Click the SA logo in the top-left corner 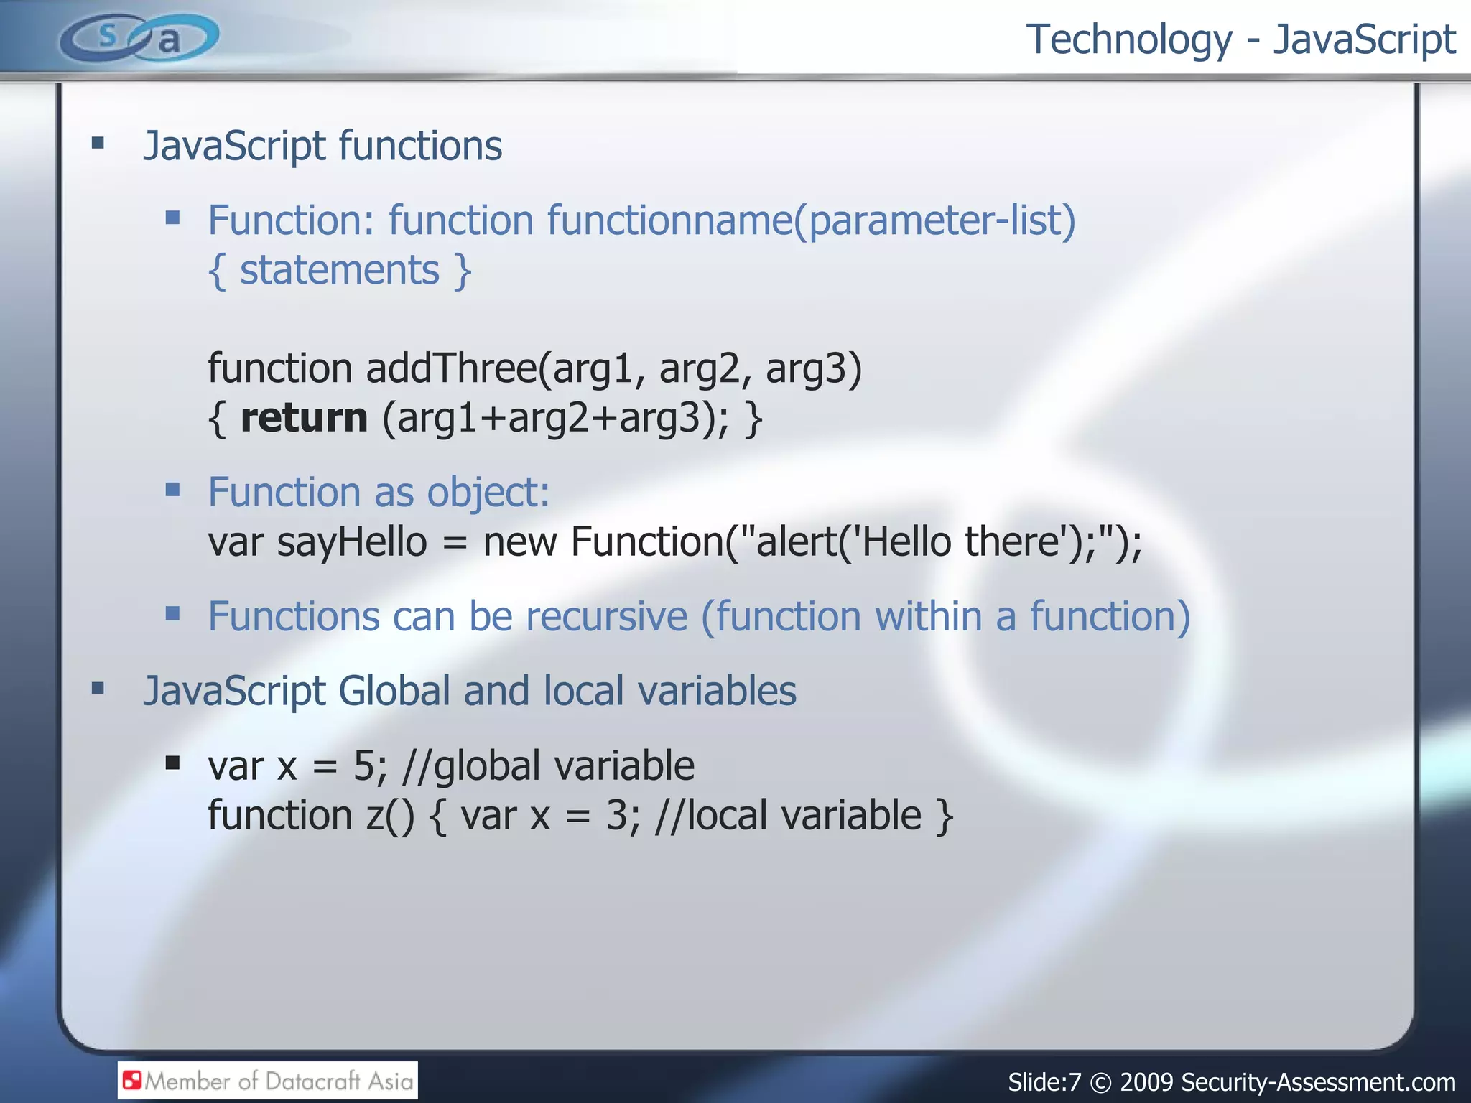pyautogui.click(x=139, y=38)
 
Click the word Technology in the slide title pyautogui.click(x=1128, y=39)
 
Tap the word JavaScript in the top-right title pyautogui.click(x=1364, y=39)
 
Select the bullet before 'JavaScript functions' pyautogui.click(x=98, y=144)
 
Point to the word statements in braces pyautogui.click(x=339, y=271)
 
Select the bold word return pyautogui.click(x=304, y=418)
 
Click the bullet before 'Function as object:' pyautogui.click(x=172, y=490)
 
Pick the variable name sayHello pyautogui.click(x=351, y=542)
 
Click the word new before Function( pyautogui.click(x=519, y=542)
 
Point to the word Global pyautogui.click(x=394, y=691)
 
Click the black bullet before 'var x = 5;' pyautogui.click(x=172, y=763)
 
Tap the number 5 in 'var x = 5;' pyautogui.click(x=363, y=766)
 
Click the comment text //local pyautogui.click(x=710, y=816)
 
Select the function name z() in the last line pyautogui.click(x=390, y=816)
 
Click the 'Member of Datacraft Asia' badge pyautogui.click(x=267, y=1081)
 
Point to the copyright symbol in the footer pyautogui.click(x=1100, y=1082)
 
